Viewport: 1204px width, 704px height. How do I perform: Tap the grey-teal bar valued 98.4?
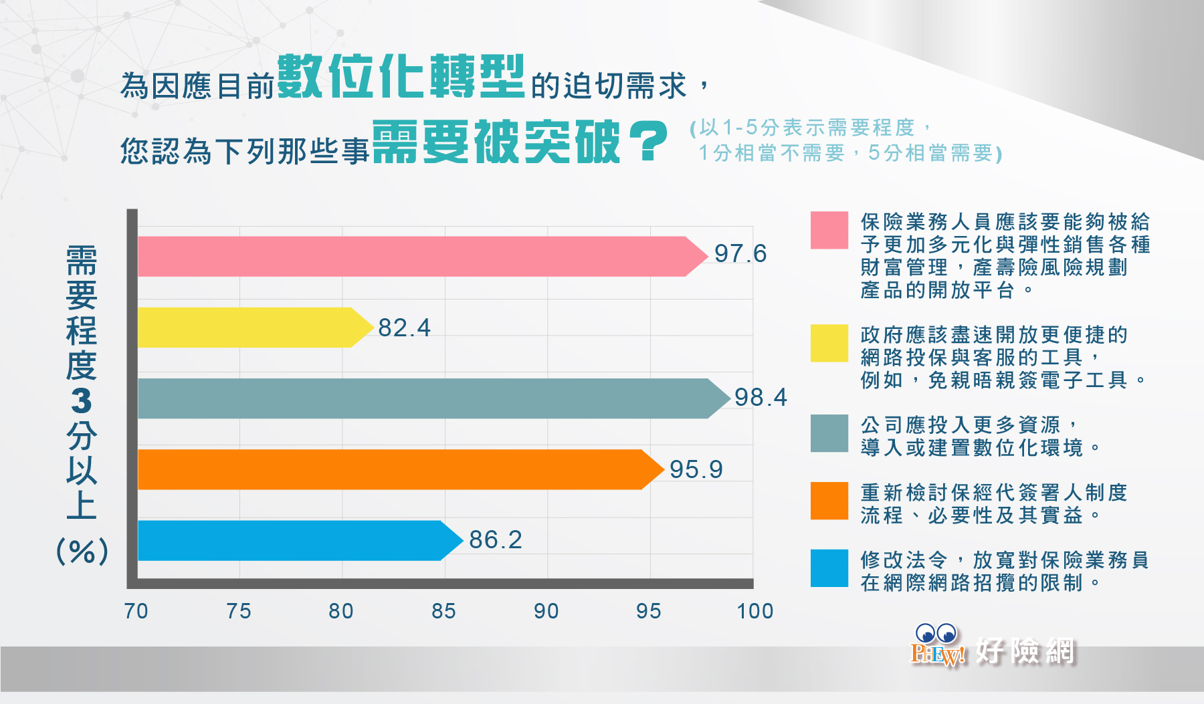[434, 398]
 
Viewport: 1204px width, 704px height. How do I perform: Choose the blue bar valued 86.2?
[300, 540]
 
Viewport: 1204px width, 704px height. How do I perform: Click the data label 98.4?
[761, 397]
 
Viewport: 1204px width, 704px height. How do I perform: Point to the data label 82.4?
[404, 328]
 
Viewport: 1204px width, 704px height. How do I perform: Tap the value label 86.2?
[495, 540]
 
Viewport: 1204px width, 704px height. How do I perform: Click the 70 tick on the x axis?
[136, 611]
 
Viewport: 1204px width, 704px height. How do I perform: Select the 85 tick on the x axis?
[443, 611]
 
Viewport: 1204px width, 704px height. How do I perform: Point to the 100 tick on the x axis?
[755, 611]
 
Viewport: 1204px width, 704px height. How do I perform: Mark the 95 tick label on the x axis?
[649, 611]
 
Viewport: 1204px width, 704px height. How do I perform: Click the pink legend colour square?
[829, 230]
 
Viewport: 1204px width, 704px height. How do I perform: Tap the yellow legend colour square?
[829, 343]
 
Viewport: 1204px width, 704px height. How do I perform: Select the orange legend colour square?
[829, 501]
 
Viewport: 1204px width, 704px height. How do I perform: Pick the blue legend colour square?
[829, 568]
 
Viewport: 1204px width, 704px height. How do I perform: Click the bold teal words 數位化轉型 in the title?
[401, 76]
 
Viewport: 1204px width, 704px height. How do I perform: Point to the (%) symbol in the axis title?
[82, 552]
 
